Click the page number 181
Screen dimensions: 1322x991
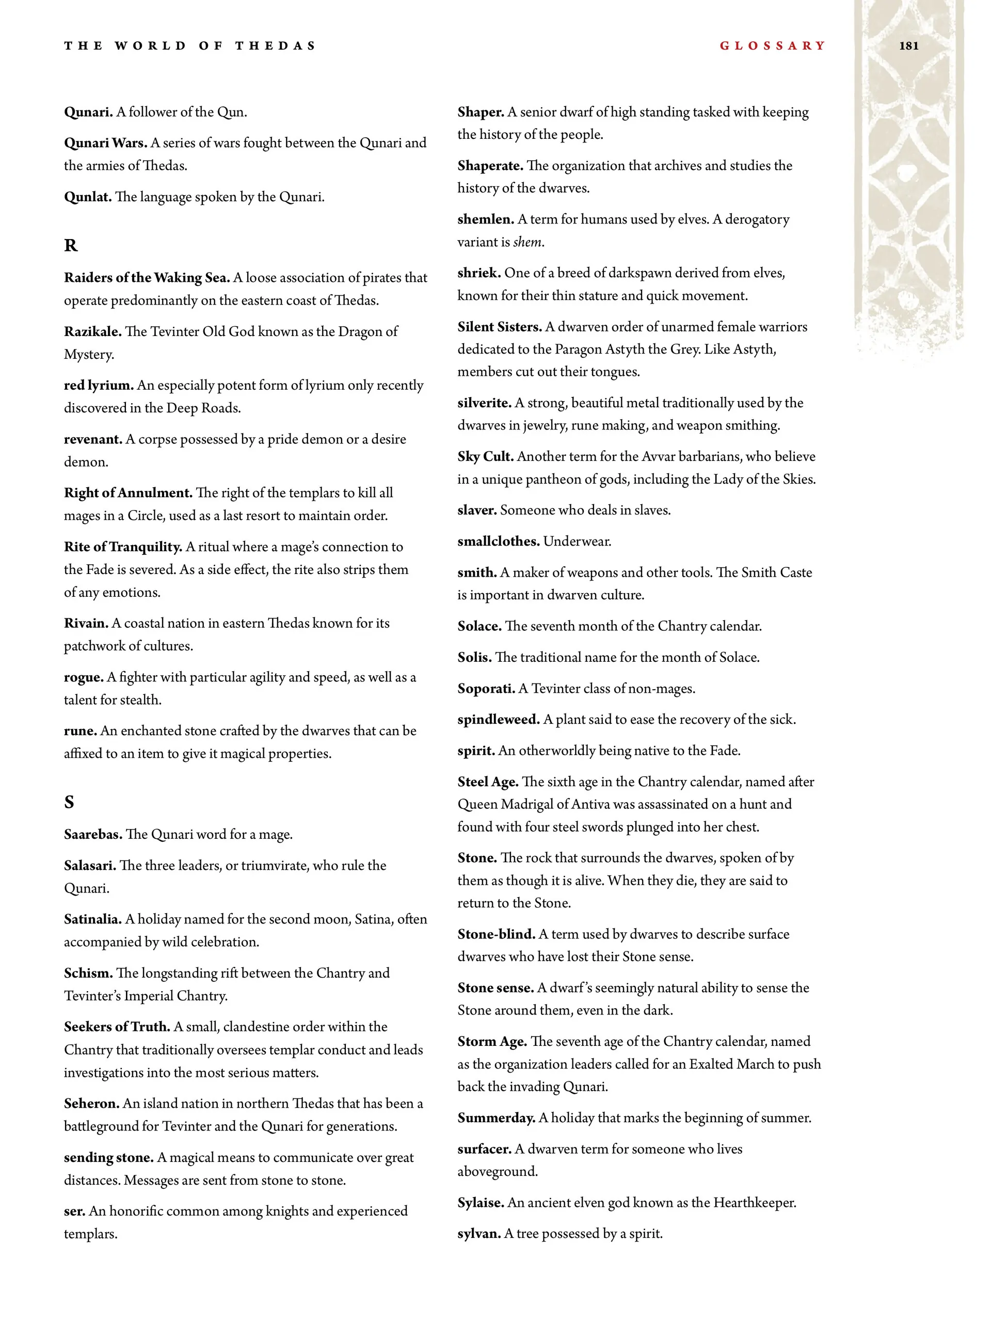(x=908, y=46)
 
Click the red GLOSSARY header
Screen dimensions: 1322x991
(x=772, y=46)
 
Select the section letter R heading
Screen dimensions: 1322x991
(x=71, y=246)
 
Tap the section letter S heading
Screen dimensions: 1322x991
(x=69, y=802)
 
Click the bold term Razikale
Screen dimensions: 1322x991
(x=92, y=332)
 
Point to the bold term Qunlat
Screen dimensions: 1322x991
(x=87, y=197)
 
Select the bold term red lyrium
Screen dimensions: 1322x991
(x=99, y=386)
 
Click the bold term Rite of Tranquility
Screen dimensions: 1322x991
(x=122, y=547)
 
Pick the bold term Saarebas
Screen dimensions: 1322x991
(x=92, y=834)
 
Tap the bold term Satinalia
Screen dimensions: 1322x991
(x=92, y=919)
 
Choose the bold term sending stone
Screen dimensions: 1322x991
(x=109, y=1158)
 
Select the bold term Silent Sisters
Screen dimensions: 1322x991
(x=499, y=327)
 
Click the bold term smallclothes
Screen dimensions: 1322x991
(x=498, y=541)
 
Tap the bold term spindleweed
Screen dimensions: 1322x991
(x=499, y=720)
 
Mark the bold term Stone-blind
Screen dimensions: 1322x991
(x=496, y=934)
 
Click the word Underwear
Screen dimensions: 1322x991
(x=577, y=541)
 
